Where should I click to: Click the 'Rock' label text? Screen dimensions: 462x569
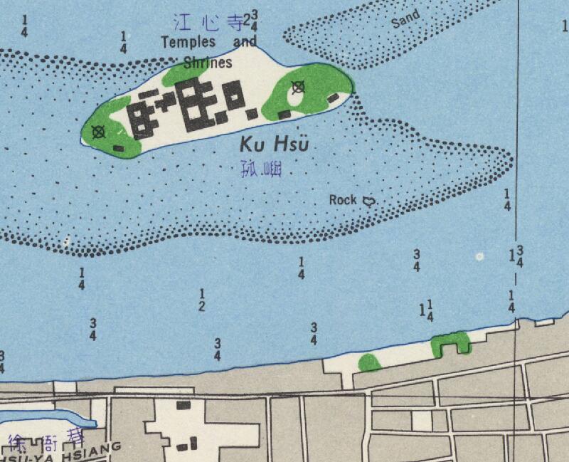(x=343, y=200)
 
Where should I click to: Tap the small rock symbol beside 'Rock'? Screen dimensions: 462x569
(x=368, y=201)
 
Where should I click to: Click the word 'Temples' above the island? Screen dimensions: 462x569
(x=188, y=42)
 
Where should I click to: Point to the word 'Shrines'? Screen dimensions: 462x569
(x=208, y=63)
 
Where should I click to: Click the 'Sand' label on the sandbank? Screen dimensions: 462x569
(x=405, y=20)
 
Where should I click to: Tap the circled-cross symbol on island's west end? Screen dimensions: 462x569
(x=98, y=131)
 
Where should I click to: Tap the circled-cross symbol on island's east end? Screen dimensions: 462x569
(x=299, y=88)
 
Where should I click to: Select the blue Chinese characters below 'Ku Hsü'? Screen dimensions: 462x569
(x=261, y=170)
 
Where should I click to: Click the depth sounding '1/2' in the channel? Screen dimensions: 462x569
(x=202, y=300)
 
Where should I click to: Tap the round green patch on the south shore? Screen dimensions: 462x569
(x=369, y=362)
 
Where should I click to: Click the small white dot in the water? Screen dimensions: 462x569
(x=480, y=256)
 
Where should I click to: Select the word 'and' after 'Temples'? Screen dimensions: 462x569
(x=245, y=42)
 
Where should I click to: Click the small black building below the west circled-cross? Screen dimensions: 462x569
(x=118, y=148)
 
